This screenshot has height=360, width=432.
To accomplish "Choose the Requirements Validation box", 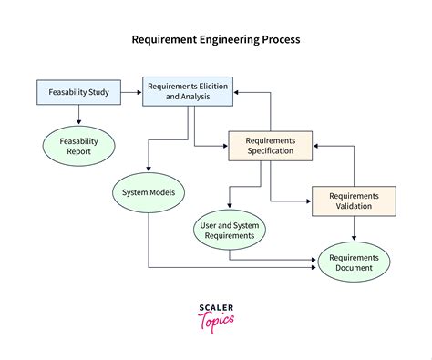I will point(354,201).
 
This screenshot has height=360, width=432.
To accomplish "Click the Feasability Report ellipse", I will point(79,147).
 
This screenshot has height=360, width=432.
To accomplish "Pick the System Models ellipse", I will point(149,192).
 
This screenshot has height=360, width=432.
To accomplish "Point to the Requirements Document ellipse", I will point(353,262).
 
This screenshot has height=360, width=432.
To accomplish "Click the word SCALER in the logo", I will point(215,307).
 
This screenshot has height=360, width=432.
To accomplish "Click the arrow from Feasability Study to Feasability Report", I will point(79,114).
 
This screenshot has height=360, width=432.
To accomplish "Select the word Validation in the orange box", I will point(354,206).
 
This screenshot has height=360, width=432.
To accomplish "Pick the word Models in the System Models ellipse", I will point(167,192).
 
